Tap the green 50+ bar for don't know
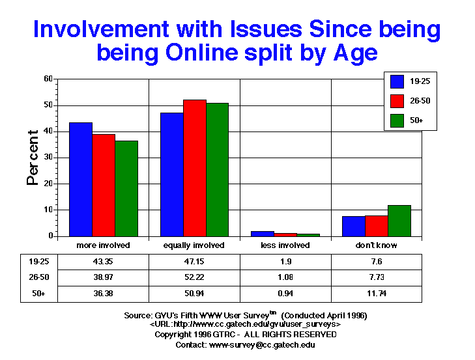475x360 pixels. [399, 221]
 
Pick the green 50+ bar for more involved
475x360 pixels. [126, 188]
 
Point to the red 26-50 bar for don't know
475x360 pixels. [377, 225]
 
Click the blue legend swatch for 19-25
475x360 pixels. [397, 81]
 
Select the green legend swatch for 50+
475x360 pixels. [397, 120]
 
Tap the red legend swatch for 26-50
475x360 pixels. [397, 101]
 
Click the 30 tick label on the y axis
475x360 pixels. [48, 158]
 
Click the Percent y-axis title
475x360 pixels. [33, 158]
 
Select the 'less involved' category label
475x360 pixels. [286, 245]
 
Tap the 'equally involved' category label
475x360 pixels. [195, 245]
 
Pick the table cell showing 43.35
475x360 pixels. [104, 261]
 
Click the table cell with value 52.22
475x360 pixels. [195, 277]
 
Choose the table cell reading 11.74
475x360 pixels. [377, 294]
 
